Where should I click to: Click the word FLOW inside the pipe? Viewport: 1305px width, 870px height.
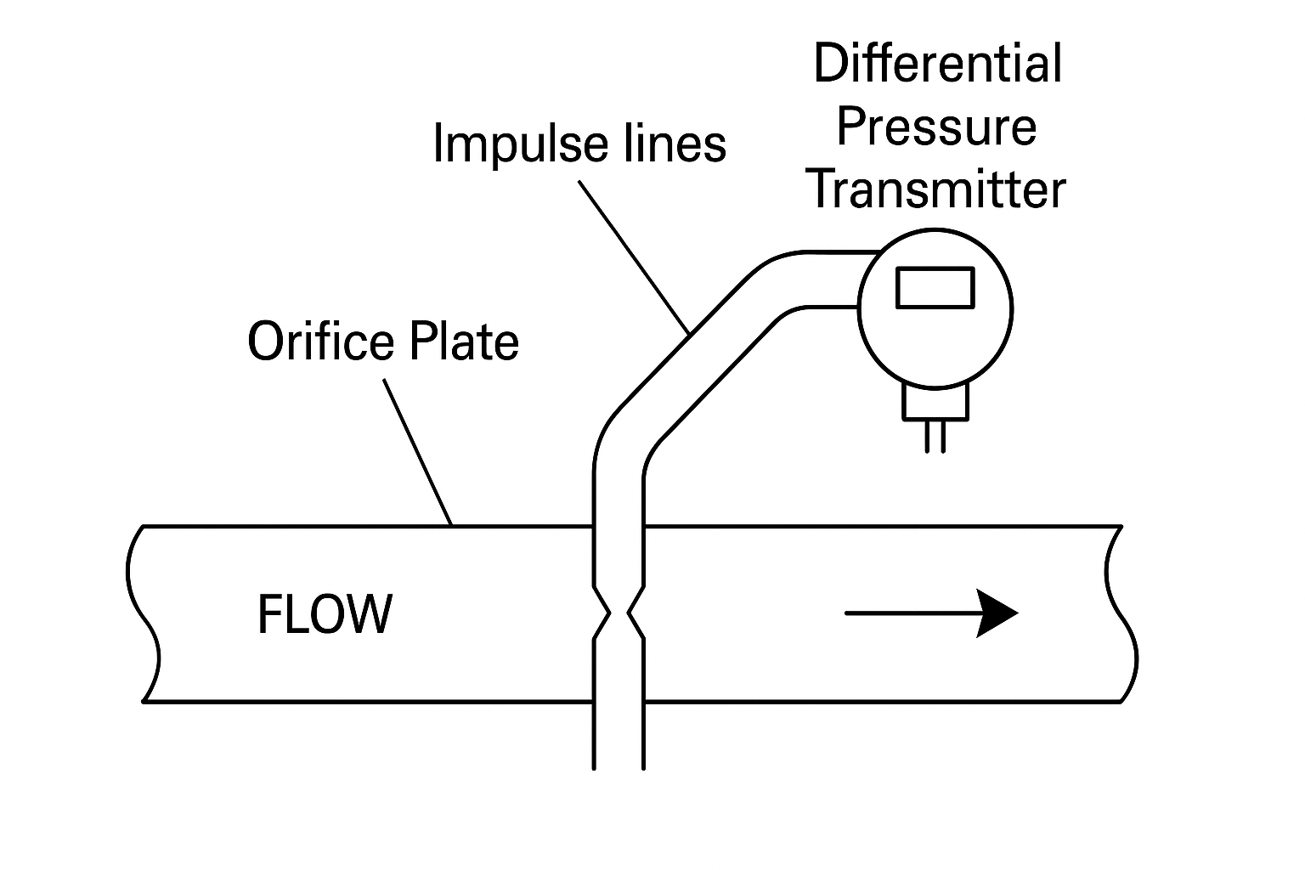325,614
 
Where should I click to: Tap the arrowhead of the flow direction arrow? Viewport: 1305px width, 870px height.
997,613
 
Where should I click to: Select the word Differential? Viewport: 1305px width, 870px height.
937,64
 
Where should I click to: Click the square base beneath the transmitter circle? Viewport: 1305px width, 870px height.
935,404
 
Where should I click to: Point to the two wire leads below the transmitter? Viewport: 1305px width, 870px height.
935,436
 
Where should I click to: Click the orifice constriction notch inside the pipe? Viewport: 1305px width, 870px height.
619,613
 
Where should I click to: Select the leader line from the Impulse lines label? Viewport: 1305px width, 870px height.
633,255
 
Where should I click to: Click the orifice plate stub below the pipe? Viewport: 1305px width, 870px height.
619,736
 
